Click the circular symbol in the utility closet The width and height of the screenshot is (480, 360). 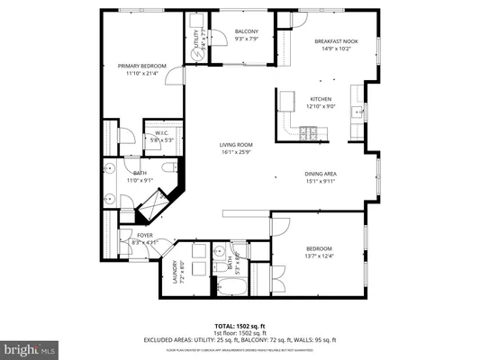coord(197,54)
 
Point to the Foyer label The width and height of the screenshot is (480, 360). coord(145,235)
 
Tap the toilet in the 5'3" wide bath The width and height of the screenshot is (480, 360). coord(221,250)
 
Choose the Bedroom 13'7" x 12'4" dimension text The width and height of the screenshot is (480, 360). coord(319,256)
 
